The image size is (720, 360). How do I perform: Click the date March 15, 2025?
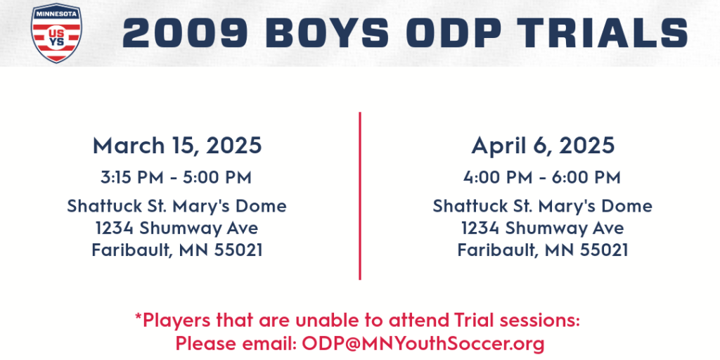(x=177, y=146)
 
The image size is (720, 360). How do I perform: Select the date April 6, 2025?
(x=543, y=146)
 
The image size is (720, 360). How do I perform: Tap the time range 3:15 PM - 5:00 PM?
(x=176, y=178)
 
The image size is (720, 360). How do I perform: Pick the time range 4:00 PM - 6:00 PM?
(x=542, y=178)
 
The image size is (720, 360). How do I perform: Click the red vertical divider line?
(x=360, y=195)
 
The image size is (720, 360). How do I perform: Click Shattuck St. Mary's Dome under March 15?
(x=176, y=206)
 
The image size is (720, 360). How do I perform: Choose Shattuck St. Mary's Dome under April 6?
(x=542, y=206)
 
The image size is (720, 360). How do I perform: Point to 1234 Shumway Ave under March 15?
(x=176, y=229)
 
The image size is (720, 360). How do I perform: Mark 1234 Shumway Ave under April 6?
(x=542, y=229)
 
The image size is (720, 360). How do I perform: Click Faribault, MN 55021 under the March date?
(x=176, y=250)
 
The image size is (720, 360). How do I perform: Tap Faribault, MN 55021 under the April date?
(x=542, y=250)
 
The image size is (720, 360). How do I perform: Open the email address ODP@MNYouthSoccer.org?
(x=423, y=343)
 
